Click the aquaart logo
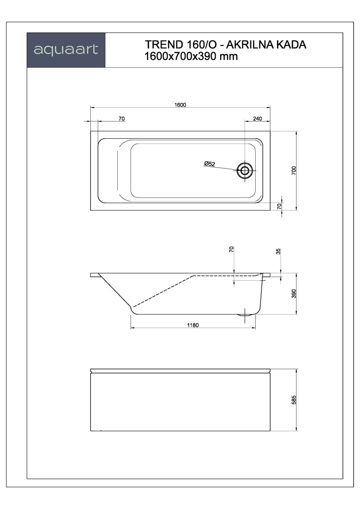(66, 50)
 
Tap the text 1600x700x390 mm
(191, 57)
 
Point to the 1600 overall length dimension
(180, 105)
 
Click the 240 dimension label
(257, 118)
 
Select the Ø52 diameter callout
(209, 164)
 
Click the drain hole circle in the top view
(245, 171)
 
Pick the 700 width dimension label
(293, 170)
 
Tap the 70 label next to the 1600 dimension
(121, 118)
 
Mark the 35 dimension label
(278, 251)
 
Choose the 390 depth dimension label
(293, 293)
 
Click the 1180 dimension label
(193, 325)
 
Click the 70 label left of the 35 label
(231, 249)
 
